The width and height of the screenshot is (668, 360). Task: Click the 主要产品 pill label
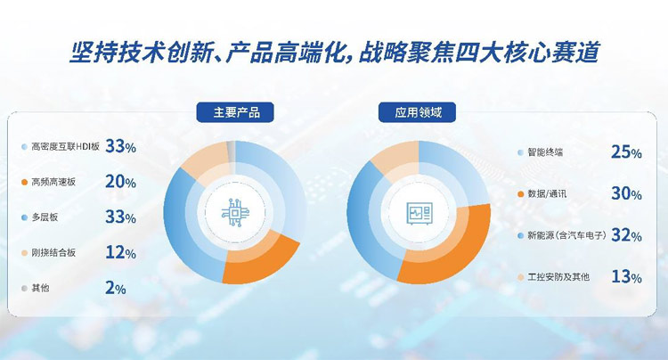coord(235,113)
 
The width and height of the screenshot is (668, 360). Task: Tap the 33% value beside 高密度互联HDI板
coord(120,146)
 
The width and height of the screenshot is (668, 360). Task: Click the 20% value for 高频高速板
coord(120,182)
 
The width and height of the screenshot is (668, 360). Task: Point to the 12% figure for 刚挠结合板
coord(120,252)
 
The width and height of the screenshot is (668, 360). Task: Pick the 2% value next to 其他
coord(116,288)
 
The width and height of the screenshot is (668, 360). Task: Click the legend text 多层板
coord(45,217)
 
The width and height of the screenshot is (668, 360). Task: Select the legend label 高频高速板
coord(53,182)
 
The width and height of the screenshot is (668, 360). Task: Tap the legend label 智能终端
coord(545,152)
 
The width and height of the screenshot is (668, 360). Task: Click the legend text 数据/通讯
coord(547,193)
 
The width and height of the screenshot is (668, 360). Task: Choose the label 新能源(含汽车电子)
coord(566,235)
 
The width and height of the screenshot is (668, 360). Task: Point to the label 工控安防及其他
coord(558,277)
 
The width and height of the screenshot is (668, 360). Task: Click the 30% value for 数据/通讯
coord(626,193)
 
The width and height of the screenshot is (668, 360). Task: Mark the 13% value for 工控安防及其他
coord(626,277)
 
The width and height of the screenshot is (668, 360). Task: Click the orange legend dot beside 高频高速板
coord(23,182)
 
